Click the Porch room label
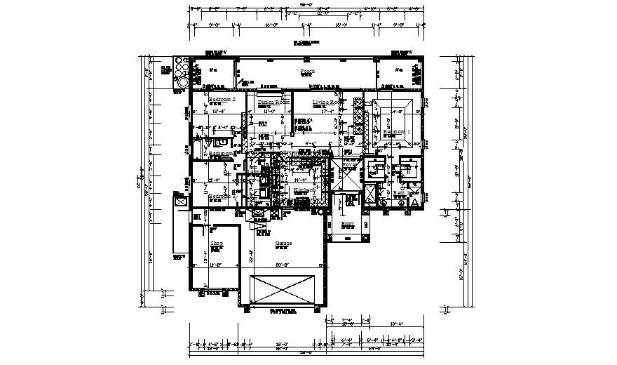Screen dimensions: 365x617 [307, 72]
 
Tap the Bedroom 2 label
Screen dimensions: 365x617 [227, 100]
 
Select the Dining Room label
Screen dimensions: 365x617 [273, 102]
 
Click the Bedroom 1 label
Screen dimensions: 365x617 [397, 132]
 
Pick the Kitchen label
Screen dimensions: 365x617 [304, 190]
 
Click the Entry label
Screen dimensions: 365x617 [348, 224]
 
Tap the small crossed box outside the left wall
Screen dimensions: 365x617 [182, 201]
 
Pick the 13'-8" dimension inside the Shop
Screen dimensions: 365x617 [217, 265]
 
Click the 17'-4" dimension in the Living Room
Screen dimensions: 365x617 [327, 111]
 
